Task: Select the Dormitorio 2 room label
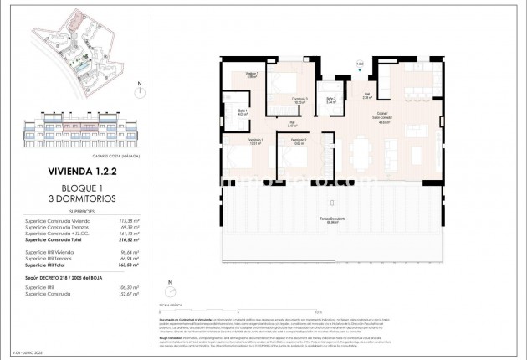pos(299,141)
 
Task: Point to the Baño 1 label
pos(243,113)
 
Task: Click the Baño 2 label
pos(331,100)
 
